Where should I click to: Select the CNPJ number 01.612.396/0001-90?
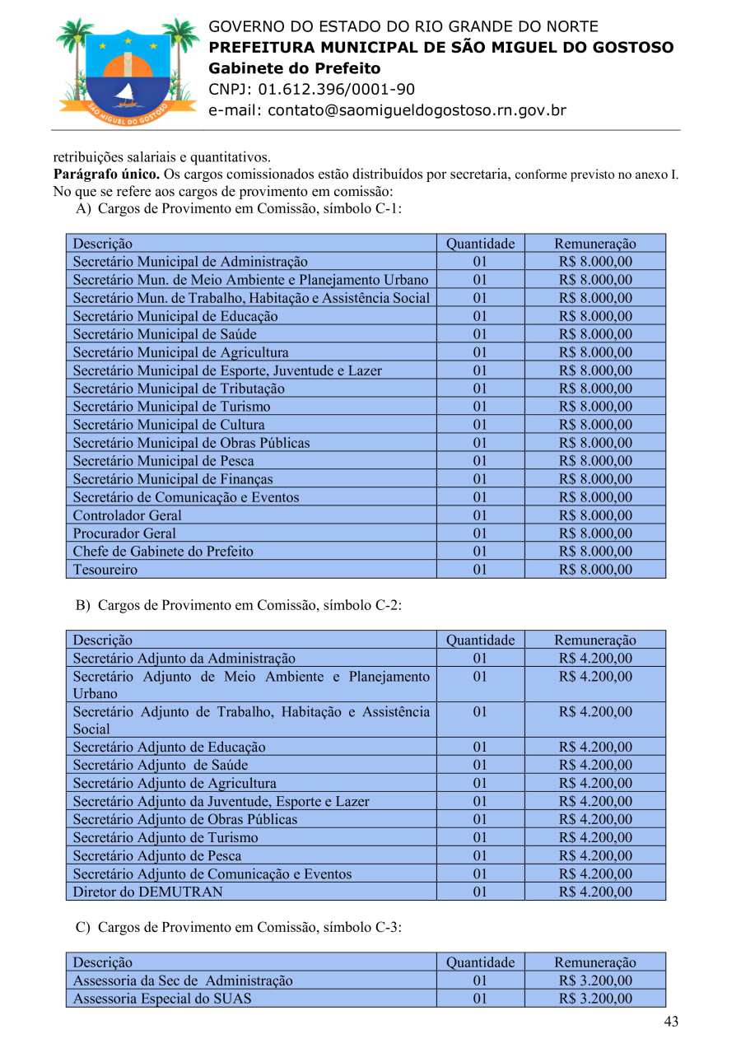336,90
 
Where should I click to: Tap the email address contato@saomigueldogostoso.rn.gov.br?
387,110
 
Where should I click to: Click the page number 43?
671,1022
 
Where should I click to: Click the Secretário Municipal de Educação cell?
175,316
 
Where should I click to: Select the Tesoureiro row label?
105,570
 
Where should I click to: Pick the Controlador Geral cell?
128,515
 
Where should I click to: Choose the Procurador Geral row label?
124,533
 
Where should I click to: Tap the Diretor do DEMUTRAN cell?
148,892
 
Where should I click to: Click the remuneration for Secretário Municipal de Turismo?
595,407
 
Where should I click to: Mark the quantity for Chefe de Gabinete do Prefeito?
480,552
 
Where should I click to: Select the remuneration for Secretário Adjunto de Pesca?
595,855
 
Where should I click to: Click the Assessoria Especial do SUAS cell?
162,999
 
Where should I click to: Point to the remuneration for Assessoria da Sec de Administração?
595,980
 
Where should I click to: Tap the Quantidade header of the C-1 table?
480,244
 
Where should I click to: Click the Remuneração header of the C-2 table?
595,640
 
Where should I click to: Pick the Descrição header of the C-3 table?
102,962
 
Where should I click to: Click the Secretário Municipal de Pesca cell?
163,461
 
